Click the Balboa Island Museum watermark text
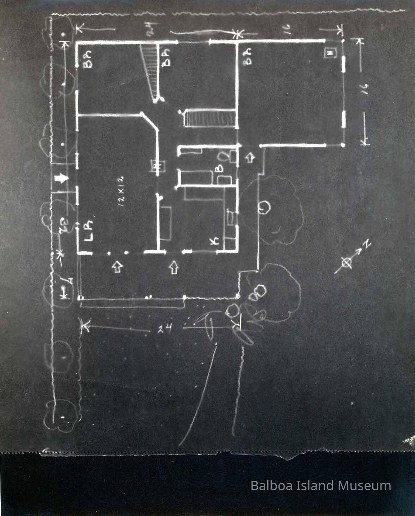tap(321, 485)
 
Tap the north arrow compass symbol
tap(347, 262)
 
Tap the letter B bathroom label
tap(219, 168)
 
